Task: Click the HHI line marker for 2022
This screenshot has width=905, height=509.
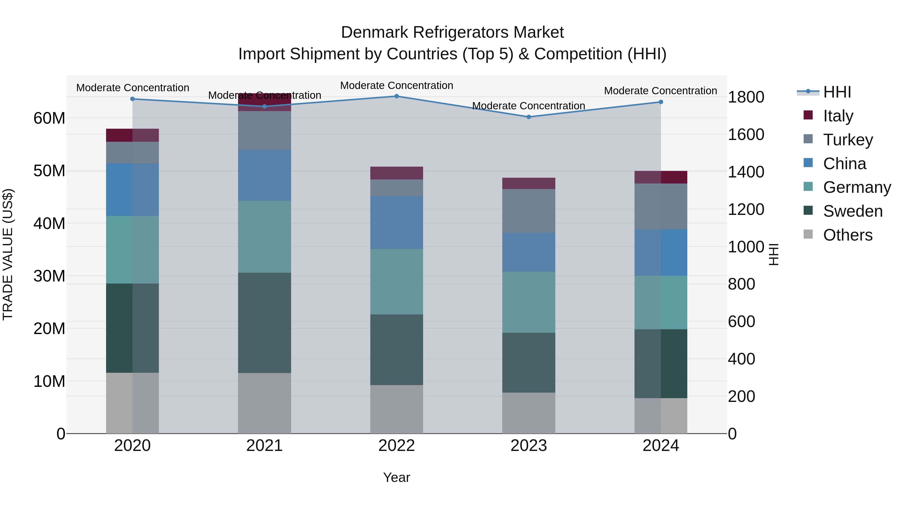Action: pos(397,96)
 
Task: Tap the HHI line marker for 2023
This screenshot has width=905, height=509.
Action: pos(529,117)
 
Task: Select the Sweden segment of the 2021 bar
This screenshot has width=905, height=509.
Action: pos(264,322)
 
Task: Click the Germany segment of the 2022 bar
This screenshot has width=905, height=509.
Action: pos(397,282)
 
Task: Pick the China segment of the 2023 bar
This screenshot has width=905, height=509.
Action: pos(529,252)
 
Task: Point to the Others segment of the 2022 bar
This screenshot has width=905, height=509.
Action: pos(397,409)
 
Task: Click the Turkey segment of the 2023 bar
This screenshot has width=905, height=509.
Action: pos(529,211)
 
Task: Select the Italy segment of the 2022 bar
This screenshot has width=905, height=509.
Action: pos(397,173)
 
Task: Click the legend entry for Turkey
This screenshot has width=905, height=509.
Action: pos(847,140)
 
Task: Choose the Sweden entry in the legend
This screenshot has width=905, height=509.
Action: pos(852,211)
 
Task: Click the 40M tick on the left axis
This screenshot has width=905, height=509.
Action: pos(49,223)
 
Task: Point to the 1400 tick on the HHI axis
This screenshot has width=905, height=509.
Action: pos(746,172)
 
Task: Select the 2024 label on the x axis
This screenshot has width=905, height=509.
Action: pos(660,446)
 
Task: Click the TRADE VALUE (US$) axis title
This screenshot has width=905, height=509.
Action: pos(8,255)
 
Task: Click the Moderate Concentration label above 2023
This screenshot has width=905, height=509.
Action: pos(528,106)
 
